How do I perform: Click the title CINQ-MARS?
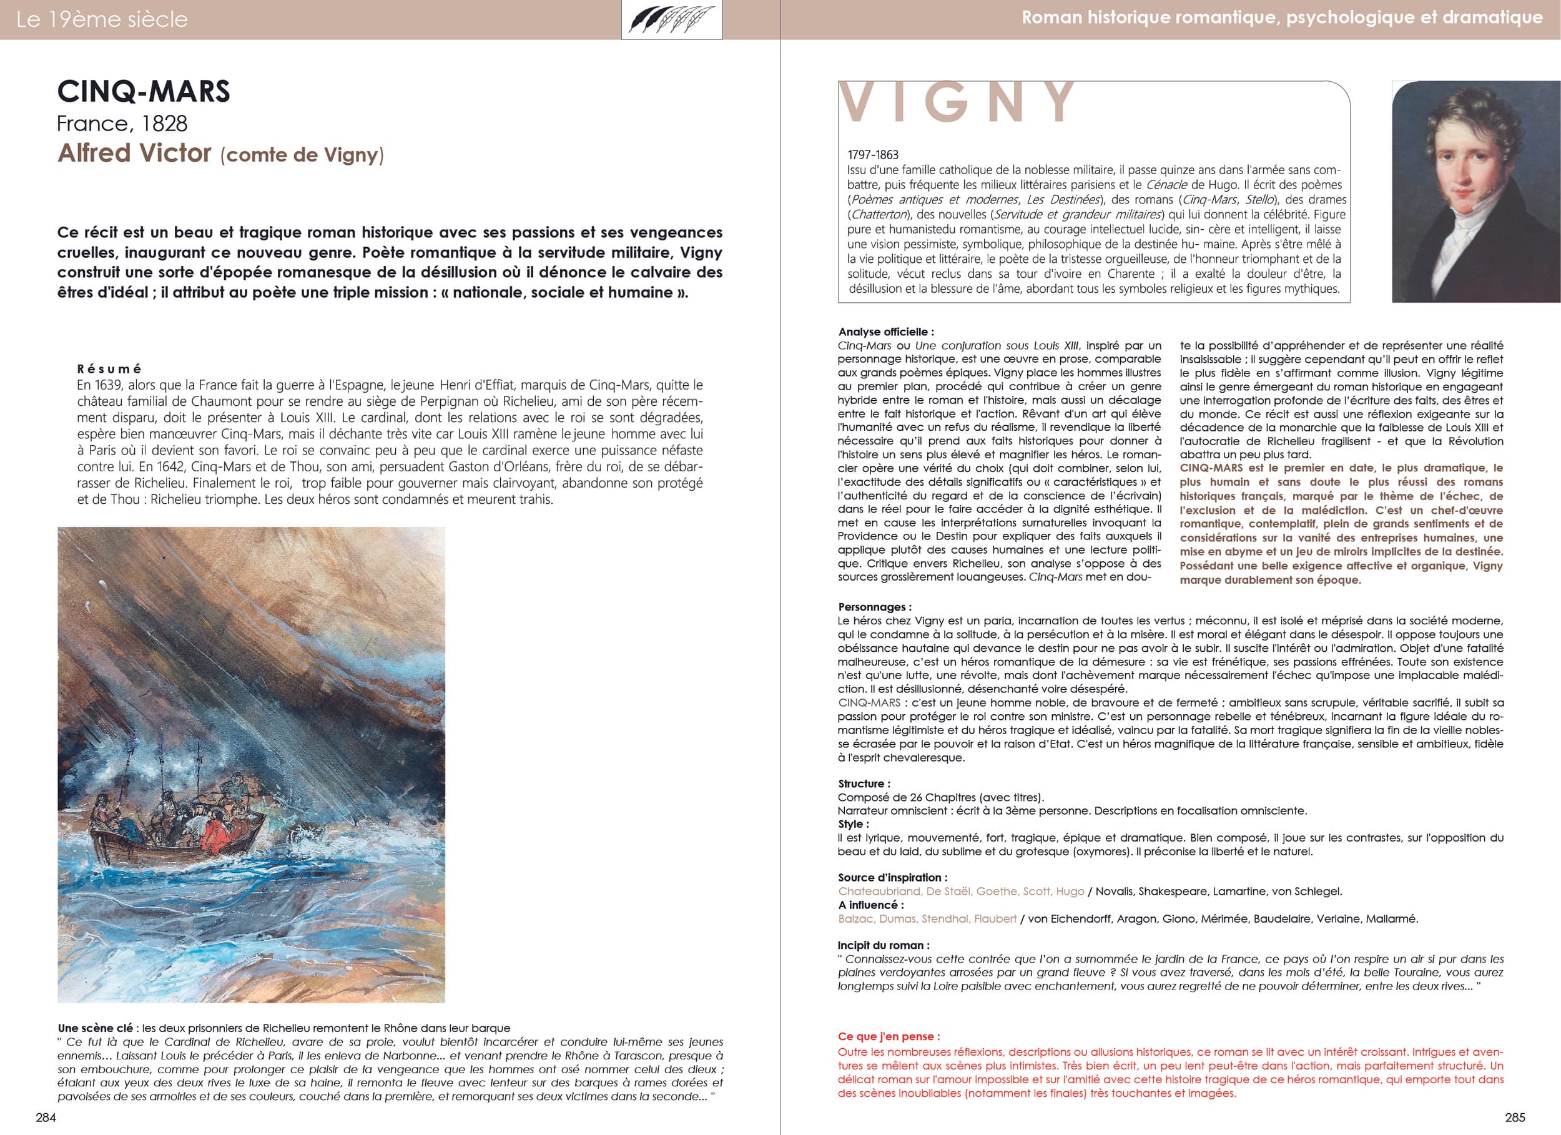point(143,92)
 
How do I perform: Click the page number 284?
point(46,1117)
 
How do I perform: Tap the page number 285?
point(1515,1117)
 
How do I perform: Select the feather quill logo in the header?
point(671,19)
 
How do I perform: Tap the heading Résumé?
point(109,369)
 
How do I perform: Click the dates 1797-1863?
point(873,155)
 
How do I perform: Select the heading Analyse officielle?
point(886,332)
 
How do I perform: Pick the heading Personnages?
point(874,606)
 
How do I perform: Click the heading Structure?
point(864,784)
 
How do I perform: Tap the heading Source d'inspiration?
point(892,877)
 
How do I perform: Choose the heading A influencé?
point(870,905)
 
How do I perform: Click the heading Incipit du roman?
point(883,945)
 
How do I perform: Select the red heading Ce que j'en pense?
point(889,1036)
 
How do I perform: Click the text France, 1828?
point(122,124)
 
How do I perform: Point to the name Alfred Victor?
point(134,153)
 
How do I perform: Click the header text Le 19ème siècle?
point(102,19)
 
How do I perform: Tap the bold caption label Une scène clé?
point(95,1028)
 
